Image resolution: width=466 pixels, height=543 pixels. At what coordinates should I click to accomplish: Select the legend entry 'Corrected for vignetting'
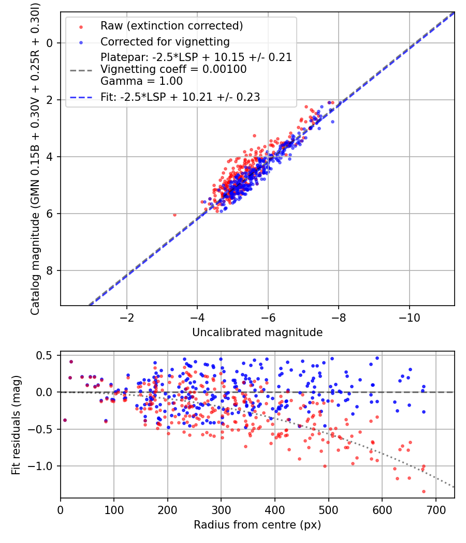(165, 41)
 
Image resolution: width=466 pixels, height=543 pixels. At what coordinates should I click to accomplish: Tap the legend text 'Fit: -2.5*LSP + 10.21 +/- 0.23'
(180, 96)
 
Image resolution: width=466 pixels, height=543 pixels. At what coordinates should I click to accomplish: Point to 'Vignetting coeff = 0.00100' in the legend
(173, 69)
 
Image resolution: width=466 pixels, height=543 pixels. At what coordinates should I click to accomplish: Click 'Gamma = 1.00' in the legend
(141, 81)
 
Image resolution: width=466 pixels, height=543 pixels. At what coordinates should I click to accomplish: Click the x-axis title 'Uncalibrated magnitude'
(257, 333)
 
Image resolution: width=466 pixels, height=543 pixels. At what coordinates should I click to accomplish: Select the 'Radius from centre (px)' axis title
(257, 525)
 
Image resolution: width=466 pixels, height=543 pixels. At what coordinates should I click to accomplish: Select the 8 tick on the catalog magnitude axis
(50, 270)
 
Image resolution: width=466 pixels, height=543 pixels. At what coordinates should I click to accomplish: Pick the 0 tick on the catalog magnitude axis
(50, 43)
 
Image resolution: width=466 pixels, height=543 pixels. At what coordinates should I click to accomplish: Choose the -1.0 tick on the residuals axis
(43, 466)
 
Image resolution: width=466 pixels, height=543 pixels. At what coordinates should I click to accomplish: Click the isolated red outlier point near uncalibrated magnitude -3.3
(174, 215)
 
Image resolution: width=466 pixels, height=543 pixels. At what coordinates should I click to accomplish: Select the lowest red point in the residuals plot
(423, 491)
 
